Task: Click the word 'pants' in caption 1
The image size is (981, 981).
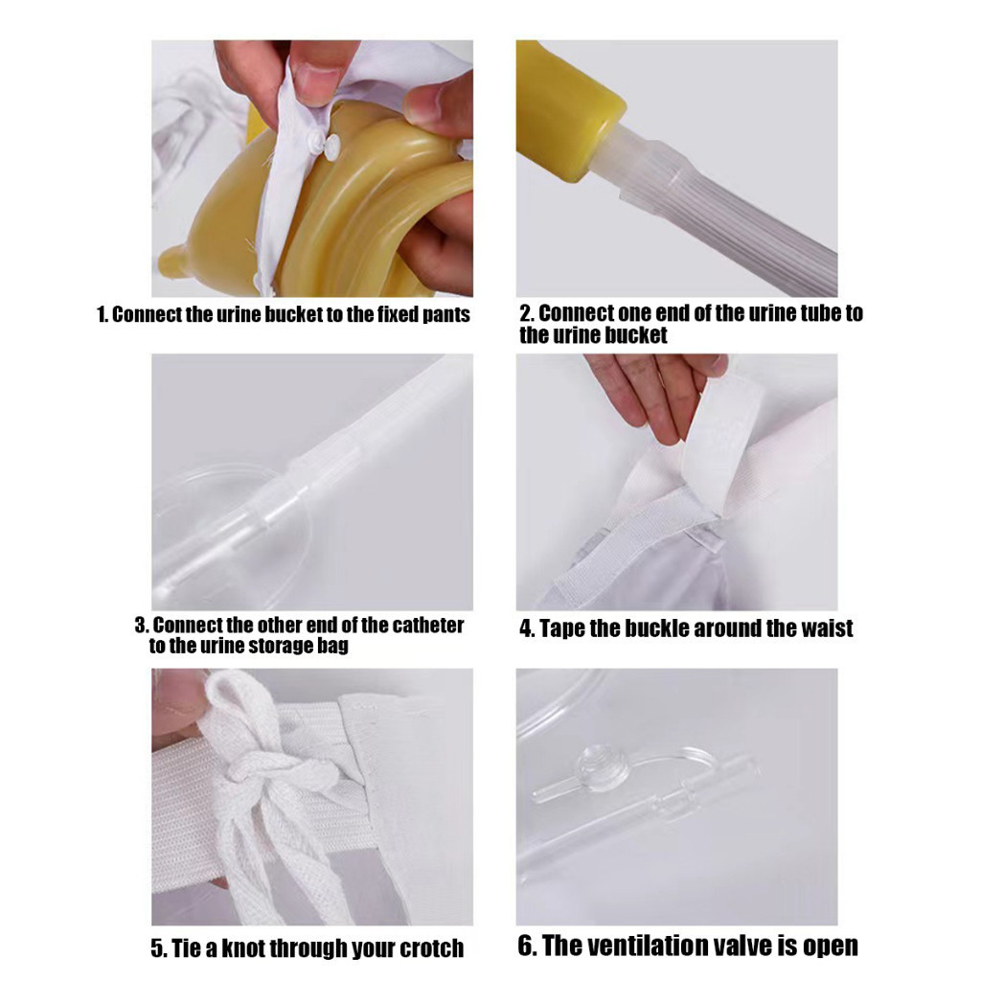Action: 445,314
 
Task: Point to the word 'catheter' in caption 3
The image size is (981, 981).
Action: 428,625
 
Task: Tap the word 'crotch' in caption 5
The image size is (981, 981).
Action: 432,948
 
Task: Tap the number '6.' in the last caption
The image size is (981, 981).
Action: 528,946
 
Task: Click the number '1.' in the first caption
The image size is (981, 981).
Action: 103,314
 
